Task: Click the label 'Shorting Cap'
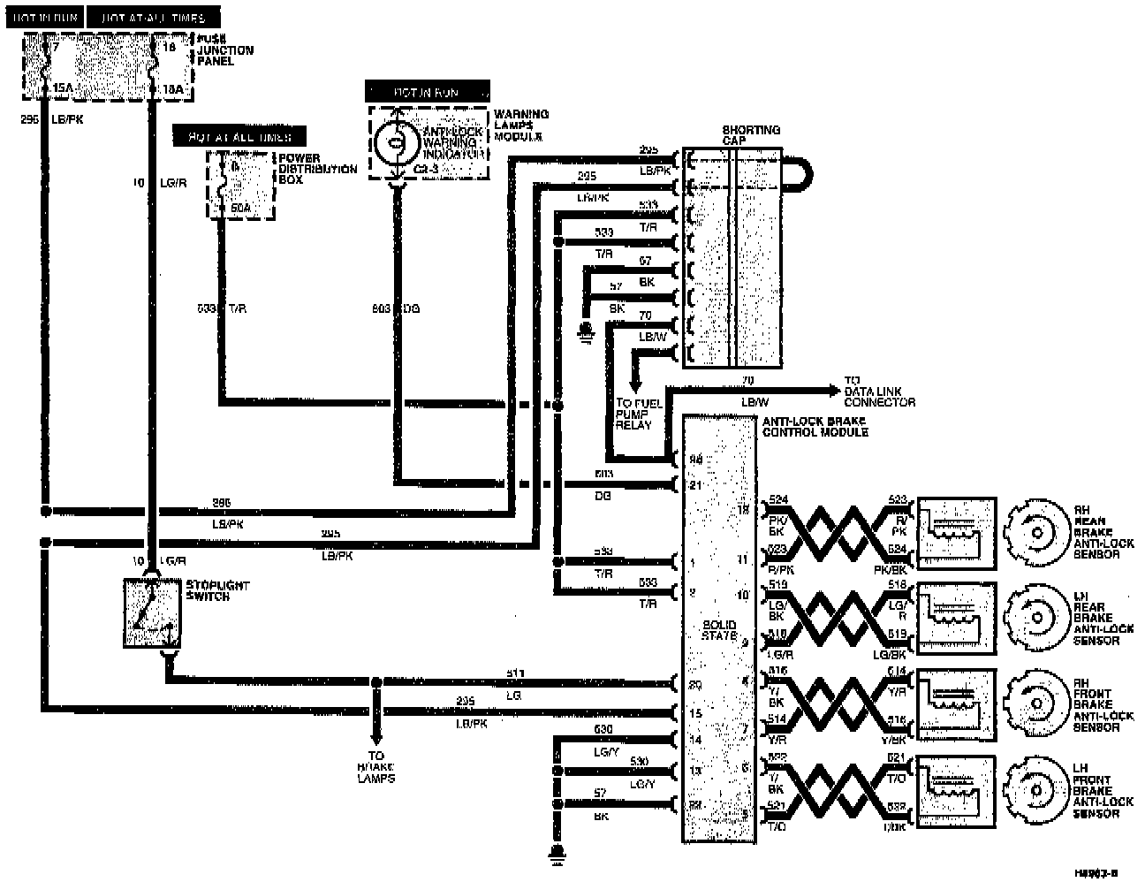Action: (x=751, y=135)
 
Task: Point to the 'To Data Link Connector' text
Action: (x=879, y=397)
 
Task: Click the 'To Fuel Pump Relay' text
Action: (x=634, y=414)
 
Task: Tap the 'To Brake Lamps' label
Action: (x=376, y=767)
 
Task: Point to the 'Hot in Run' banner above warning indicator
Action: (x=426, y=92)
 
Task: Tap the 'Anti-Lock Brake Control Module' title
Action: (x=815, y=427)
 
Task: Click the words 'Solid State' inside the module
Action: (x=719, y=630)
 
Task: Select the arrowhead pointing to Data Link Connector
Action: (x=833, y=390)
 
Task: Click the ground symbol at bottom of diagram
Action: (x=557, y=853)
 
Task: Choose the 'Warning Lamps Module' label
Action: (x=521, y=125)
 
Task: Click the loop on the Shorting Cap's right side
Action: (x=798, y=173)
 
